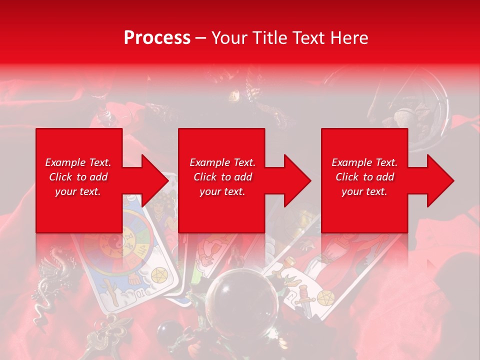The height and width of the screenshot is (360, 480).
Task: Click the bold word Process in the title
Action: (x=157, y=37)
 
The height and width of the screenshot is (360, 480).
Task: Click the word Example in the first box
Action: (x=65, y=162)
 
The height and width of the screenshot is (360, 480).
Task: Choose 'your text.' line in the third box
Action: (x=364, y=191)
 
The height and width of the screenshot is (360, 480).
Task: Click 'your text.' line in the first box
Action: (x=78, y=191)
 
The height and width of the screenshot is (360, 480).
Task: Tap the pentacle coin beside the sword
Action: (x=323, y=298)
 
